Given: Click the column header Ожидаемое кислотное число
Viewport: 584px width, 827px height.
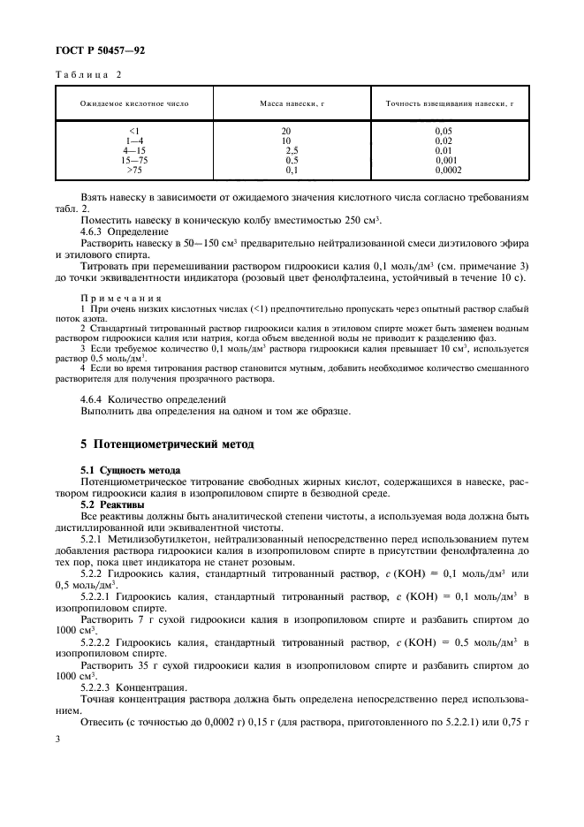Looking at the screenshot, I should pos(134,103).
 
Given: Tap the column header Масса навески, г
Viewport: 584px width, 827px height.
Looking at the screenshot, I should pos(292,103).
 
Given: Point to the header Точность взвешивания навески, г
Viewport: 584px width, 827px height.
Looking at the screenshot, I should pos(450,103).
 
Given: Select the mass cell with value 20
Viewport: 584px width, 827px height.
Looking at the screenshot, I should pos(285,131).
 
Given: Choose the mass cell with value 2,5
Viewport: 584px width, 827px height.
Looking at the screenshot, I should pos(291,150).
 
